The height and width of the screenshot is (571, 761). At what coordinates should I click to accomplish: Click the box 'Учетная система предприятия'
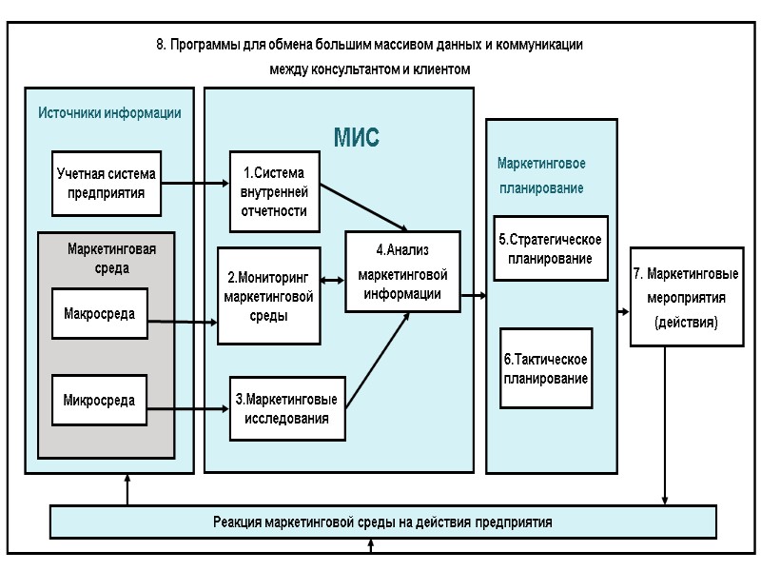(106, 184)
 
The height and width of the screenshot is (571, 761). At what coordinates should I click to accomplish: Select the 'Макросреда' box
(99, 313)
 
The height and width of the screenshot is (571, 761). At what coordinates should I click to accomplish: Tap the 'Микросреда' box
(99, 401)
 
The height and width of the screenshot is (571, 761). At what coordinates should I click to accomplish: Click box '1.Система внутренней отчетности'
(275, 191)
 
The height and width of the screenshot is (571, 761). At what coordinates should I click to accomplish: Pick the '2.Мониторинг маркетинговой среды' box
(269, 296)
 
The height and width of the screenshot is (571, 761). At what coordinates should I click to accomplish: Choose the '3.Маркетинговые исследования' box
(287, 408)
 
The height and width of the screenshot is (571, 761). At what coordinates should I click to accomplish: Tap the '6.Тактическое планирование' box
(546, 368)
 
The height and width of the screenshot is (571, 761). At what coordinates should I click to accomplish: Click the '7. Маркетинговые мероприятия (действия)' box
(686, 297)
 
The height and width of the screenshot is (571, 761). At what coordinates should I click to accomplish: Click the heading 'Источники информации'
(109, 112)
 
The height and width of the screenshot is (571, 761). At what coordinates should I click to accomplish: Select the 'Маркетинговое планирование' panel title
(541, 175)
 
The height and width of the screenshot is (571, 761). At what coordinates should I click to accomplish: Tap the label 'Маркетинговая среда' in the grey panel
(111, 258)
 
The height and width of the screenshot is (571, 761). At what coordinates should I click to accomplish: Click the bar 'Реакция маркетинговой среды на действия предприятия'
(382, 522)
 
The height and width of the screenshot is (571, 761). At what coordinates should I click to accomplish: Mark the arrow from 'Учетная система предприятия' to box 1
(194, 184)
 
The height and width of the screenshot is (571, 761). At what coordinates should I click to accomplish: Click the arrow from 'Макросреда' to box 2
(183, 323)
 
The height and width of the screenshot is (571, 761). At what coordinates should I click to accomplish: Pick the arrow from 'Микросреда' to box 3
(188, 408)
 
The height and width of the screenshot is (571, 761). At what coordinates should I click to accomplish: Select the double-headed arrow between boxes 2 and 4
(333, 280)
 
